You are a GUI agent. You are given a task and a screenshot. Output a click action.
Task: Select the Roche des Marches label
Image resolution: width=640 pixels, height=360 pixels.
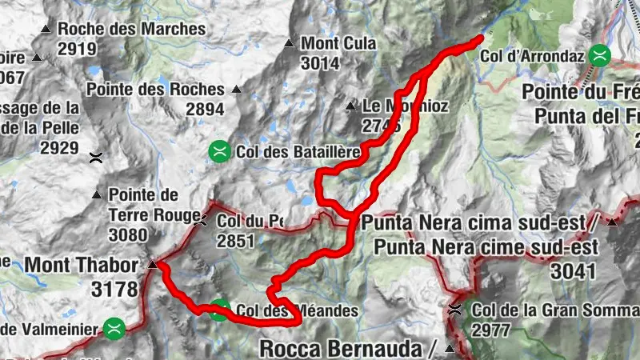[132, 30]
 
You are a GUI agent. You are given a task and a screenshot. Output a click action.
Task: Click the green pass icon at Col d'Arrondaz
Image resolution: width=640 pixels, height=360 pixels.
[599, 56]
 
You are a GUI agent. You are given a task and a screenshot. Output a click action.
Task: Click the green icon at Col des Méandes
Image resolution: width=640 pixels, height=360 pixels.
[218, 310]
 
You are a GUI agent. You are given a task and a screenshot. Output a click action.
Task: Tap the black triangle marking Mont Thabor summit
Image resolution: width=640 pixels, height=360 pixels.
[152, 264]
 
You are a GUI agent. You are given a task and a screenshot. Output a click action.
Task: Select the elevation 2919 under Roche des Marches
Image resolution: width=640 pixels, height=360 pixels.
[77, 49]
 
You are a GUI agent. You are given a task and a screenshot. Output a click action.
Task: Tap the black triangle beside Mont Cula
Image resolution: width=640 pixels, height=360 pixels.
[290, 44]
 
